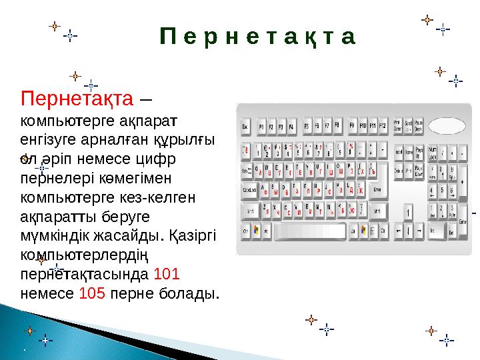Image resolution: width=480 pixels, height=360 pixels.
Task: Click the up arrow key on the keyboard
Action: (x=409, y=212)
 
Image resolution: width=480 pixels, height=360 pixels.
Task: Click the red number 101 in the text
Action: (x=165, y=275)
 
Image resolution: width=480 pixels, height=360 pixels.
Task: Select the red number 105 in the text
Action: (x=92, y=293)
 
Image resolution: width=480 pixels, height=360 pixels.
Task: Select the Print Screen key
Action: (x=398, y=125)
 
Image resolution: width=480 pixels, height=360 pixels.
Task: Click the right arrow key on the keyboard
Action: (x=419, y=231)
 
